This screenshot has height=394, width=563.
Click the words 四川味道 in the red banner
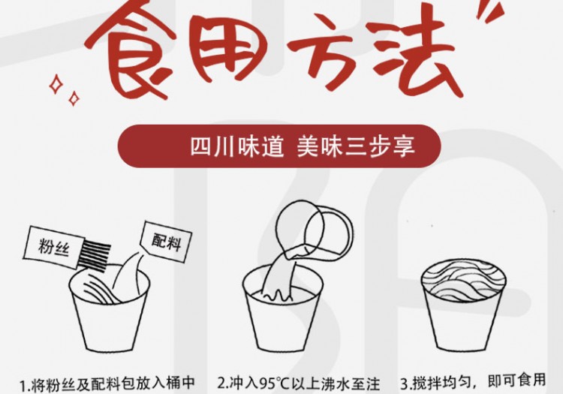click(x=237, y=146)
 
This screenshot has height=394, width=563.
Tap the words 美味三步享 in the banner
click(x=356, y=146)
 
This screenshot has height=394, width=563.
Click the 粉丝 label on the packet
click(x=53, y=246)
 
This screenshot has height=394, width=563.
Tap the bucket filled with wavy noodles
click(x=464, y=305)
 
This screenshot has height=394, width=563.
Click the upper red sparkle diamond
click(x=56, y=84)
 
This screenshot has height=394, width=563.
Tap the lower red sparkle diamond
click(x=74, y=98)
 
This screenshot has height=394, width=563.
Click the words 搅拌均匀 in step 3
click(x=441, y=383)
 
